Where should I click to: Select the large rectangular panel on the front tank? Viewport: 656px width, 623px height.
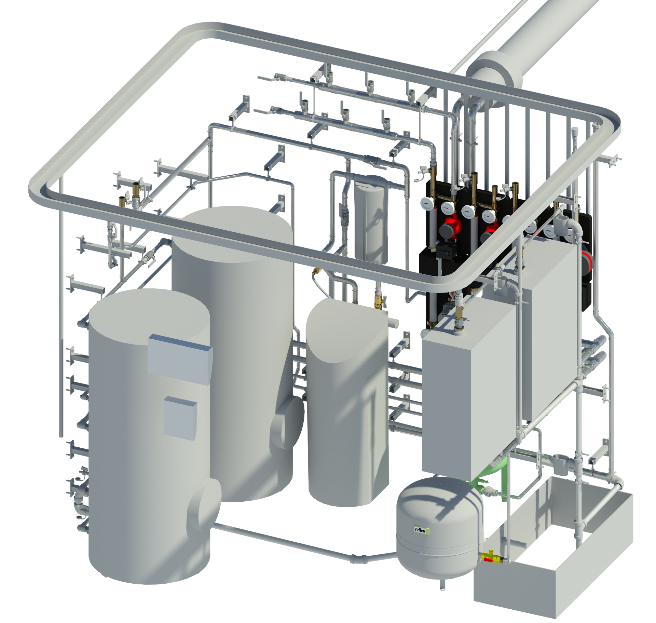tap(180, 360)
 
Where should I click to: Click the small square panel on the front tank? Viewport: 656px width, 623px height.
tap(180, 418)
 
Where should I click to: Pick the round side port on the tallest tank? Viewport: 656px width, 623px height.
tap(287, 423)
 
